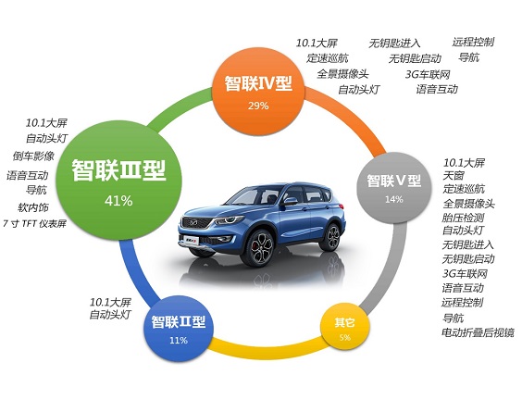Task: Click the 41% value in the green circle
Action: click(118, 201)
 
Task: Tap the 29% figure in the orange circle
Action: click(258, 106)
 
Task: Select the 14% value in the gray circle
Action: click(394, 199)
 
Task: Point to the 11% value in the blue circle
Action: click(179, 341)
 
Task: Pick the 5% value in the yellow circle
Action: click(345, 337)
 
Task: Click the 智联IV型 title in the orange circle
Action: click(258, 83)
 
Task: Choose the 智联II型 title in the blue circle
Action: click(179, 321)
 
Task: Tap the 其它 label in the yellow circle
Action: click(345, 322)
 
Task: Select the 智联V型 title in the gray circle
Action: click(394, 181)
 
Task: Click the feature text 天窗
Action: click(454, 176)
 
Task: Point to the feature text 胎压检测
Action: click(463, 218)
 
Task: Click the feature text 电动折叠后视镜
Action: click(478, 332)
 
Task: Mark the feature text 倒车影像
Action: click(33, 156)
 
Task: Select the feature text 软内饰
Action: click(33, 207)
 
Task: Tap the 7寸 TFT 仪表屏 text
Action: click(34, 223)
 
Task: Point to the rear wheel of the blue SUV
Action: click(330, 237)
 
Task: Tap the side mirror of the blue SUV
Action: click(290, 201)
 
